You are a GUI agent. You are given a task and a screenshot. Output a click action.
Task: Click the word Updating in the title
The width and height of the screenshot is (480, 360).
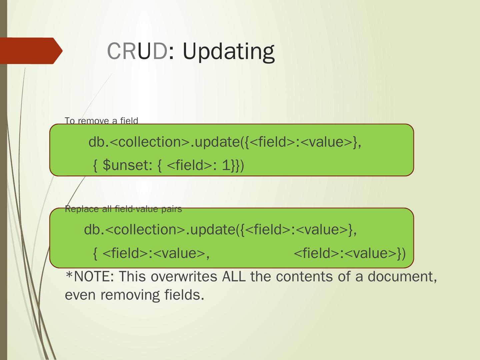pyautogui.click(x=228, y=52)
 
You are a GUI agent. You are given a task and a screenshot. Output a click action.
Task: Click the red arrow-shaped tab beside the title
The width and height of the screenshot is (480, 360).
pyautogui.click(x=31, y=51)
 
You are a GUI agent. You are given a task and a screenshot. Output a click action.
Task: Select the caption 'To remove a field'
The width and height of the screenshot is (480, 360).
pyautogui.click(x=101, y=120)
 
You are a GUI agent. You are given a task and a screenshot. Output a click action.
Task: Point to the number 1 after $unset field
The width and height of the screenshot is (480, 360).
pyautogui.click(x=226, y=165)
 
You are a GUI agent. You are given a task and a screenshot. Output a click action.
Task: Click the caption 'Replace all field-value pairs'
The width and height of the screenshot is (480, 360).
pyautogui.click(x=123, y=209)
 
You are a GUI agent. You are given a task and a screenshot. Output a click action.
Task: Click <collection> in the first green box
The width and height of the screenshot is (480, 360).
pyautogui.click(x=149, y=142)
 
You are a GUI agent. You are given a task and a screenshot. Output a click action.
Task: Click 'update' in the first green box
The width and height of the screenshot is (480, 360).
pyautogui.click(x=217, y=142)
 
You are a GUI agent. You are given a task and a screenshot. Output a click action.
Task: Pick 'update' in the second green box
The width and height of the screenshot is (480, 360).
pyautogui.click(x=212, y=230)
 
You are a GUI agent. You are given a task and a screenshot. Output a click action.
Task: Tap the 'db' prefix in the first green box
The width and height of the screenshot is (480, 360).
pyautogui.click(x=96, y=142)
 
